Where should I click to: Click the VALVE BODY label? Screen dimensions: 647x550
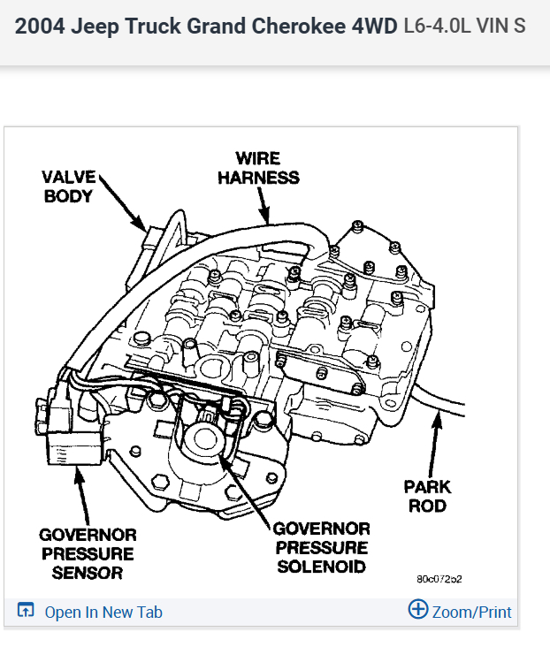68,186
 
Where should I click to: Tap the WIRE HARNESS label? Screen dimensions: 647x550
258,168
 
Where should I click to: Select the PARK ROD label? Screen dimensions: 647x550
427,496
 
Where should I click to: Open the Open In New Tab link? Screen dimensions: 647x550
103,612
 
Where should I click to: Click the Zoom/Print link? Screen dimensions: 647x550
471,612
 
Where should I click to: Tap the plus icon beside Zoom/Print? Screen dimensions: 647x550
417,610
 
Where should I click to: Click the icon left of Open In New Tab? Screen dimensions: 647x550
26,611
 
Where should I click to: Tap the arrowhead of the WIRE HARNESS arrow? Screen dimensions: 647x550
263,216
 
